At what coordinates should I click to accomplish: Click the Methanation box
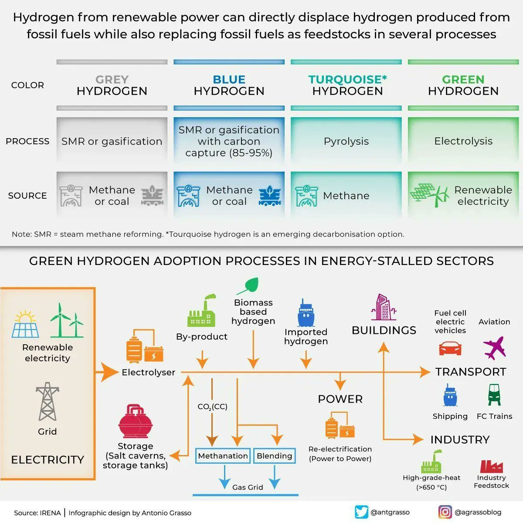pos(223,456)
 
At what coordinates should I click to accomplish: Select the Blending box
pos(274,456)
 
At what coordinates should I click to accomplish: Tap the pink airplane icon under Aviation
pos(494,347)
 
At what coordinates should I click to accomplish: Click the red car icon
pos(450,349)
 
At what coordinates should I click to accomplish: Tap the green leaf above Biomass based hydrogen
pos(248,286)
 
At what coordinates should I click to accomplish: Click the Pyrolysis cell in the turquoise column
pos(346,141)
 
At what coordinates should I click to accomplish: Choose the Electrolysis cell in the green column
pos(463,141)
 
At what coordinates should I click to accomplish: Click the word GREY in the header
pos(112,79)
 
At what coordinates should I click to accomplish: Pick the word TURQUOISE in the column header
pos(345,79)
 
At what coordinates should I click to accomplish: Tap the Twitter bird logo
pos(361,512)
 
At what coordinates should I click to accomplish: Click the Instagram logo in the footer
pos(445,512)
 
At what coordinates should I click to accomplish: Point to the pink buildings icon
pos(384,307)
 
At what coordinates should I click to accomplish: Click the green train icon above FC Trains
pos(494,394)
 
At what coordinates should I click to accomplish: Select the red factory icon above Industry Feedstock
pos(491,466)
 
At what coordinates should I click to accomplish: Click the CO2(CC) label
pos(212,407)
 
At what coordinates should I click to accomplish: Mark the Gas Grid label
pos(248,487)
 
